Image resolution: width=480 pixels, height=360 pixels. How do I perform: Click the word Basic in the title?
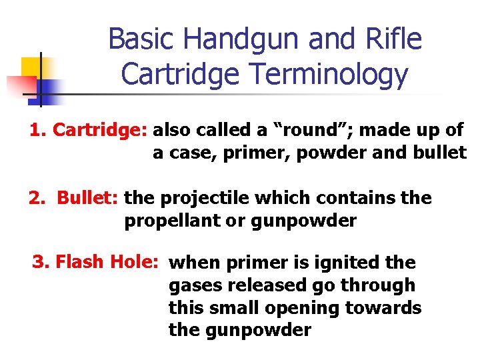pyautogui.click(x=141, y=39)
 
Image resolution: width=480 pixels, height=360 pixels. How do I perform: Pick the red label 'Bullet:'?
pyautogui.click(x=87, y=198)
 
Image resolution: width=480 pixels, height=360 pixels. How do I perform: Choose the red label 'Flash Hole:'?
pyautogui.click(x=107, y=262)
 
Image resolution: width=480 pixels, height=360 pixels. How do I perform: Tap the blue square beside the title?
pyautogui.click(x=49, y=88)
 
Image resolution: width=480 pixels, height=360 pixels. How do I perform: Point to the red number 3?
pyautogui.click(x=38, y=262)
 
